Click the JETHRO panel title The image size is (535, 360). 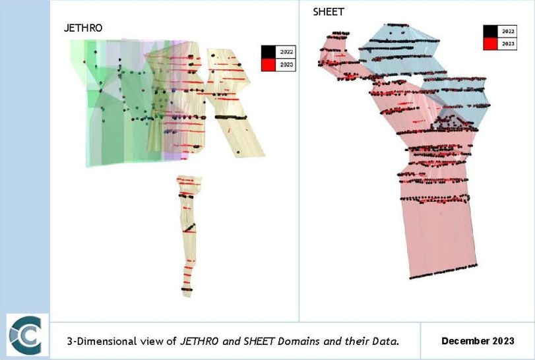click(82, 28)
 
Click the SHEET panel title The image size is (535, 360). click(328, 13)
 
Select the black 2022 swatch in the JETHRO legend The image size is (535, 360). click(268, 51)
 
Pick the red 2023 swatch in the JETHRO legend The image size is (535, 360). click(268, 64)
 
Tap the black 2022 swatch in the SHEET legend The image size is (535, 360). click(490, 31)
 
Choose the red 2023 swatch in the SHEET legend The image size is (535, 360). click(490, 44)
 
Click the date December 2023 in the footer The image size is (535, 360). click(478, 341)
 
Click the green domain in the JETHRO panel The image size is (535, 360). click(106, 132)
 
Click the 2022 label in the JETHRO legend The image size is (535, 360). click(286, 51)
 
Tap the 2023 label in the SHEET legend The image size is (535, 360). click(508, 44)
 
